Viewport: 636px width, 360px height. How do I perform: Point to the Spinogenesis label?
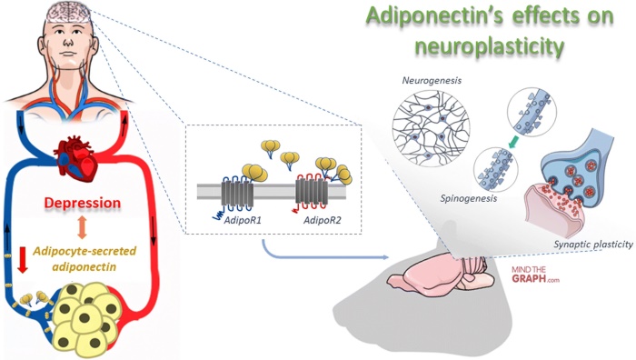tap(435, 195)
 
